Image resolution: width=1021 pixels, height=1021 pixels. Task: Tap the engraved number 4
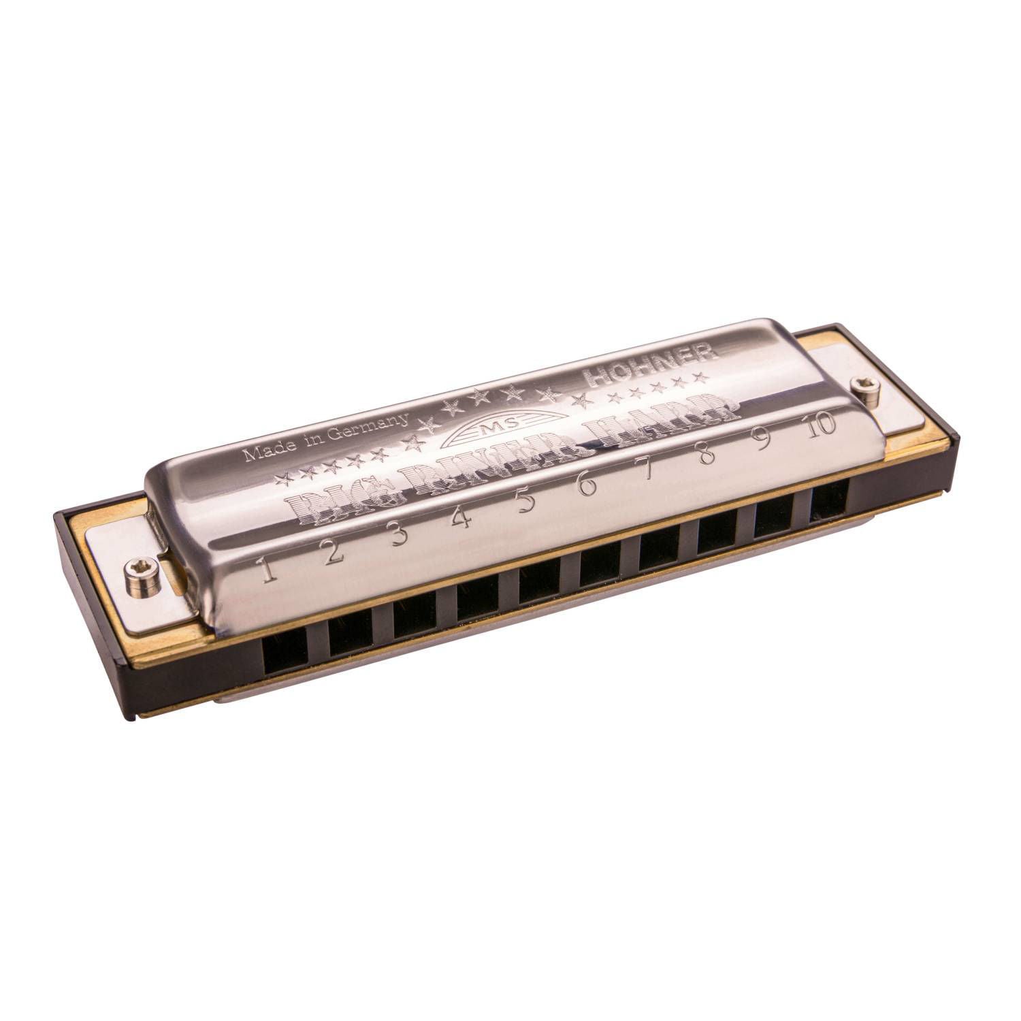pyautogui.click(x=463, y=519)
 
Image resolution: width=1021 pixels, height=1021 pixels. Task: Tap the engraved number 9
pyautogui.click(x=764, y=439)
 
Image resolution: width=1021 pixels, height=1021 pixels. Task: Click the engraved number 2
pyautogui.click(x=334, y=552)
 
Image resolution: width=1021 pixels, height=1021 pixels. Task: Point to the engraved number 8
pyautogui.click(x=708, y=454)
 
